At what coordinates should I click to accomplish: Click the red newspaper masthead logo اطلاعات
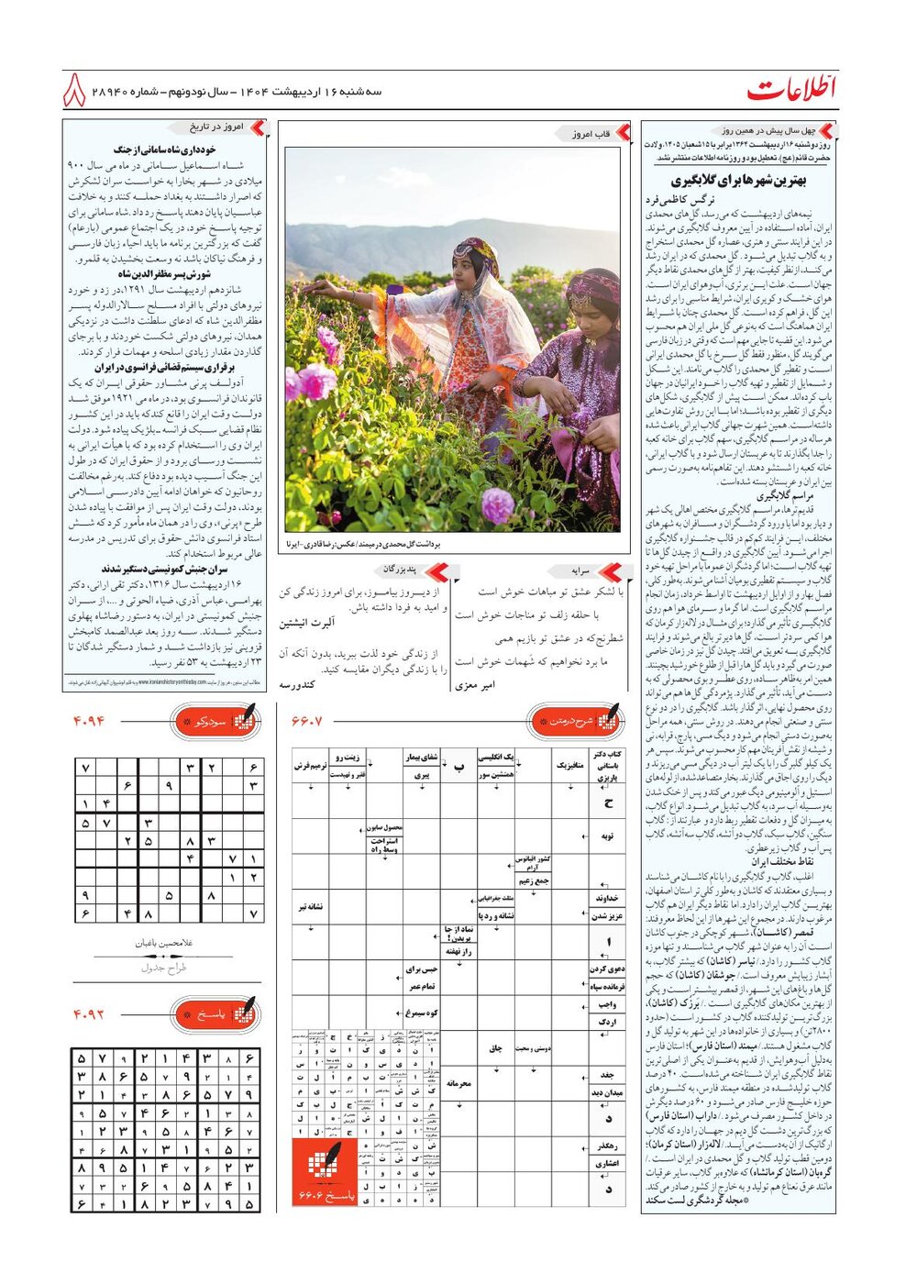(791, 90)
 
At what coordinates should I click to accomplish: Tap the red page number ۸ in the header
(74, 91)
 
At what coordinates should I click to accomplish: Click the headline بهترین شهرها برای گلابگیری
(738, 181)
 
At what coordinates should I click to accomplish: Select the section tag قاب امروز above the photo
(591, 134)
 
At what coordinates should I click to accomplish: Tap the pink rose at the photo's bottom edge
(497, 504)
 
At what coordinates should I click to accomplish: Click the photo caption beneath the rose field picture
(364, 544)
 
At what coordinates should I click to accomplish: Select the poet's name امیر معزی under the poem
(475, 684)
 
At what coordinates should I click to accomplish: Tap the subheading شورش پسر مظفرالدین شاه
(165, 274)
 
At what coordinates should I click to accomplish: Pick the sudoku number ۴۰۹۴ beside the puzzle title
(90, 721)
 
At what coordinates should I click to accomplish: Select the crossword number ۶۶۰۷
(307, 721)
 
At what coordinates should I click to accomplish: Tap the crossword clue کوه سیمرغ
(420, 1013)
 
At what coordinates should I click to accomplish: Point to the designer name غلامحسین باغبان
(164, 942)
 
